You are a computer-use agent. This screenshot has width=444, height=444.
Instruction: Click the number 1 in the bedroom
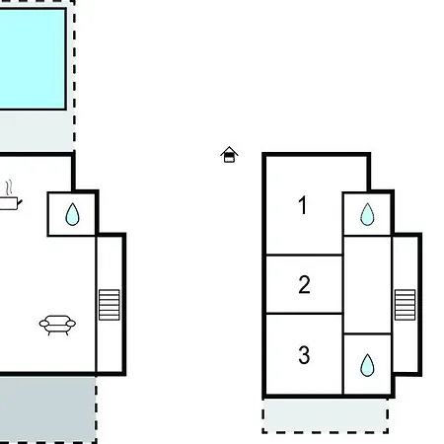[x=303, y=205]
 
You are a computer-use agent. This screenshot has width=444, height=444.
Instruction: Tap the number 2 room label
[x=304, y=284]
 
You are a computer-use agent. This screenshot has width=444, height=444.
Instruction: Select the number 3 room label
[x=304, y=355]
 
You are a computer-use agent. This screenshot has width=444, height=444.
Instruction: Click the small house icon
[x=229, y=155]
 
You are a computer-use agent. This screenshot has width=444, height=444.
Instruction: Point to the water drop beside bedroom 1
[x=367, y=214]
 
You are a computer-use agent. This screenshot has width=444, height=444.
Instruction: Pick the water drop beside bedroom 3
[x=367, y=365]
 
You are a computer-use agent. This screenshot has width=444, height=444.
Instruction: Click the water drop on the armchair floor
[x=72, y=214]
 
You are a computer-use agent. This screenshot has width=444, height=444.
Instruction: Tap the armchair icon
[x=57, y=325]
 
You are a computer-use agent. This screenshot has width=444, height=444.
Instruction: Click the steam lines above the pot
[x=9, y=187]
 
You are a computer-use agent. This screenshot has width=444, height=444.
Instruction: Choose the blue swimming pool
[x=33, y=59]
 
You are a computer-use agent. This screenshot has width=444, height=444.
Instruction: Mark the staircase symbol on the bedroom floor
[x=405, y=305]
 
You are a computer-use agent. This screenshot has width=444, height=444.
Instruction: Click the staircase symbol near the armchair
[x=110, y=305]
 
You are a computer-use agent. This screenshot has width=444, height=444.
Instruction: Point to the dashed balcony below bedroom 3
[x=326, y=415]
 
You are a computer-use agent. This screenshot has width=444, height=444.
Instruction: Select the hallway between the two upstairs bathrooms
[x=367, y=285]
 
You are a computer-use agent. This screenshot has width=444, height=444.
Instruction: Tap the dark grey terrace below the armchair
[x=47, y=409]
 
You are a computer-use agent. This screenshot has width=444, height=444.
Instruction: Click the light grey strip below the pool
[x=37, y=130]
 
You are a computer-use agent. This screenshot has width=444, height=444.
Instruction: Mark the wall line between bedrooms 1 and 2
[x=304, y=255]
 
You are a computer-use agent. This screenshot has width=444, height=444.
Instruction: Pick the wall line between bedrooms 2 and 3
[x=304, y=314]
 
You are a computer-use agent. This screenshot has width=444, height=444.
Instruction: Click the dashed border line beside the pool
[x=75, y=76]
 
